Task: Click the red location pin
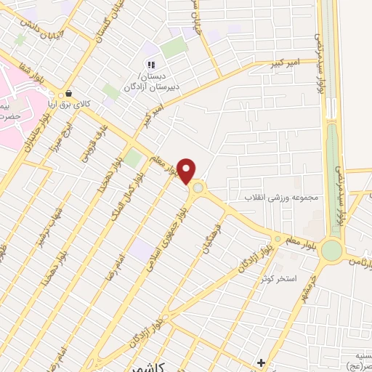tap(187, 171)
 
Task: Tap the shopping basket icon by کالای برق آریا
tap(68, 93)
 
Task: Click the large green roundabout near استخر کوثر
tap(331, 250)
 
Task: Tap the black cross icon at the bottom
tap(261, 363)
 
